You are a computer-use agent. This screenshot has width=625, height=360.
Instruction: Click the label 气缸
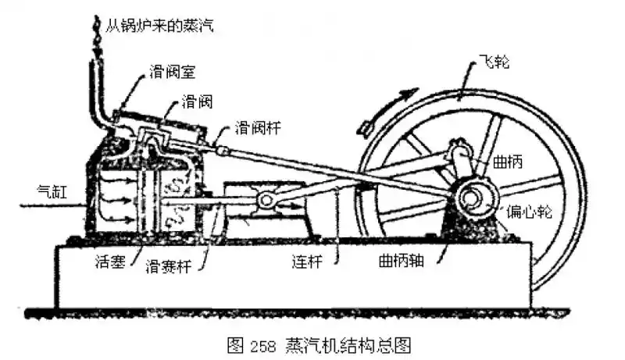[x=53, y=189]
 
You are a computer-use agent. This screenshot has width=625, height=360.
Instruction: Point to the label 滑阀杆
[x=255, y=126]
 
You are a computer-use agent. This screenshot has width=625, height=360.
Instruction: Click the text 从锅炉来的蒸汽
[x=160, y=26]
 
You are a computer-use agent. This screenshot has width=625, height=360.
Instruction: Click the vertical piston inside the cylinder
[x=145, y=199]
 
